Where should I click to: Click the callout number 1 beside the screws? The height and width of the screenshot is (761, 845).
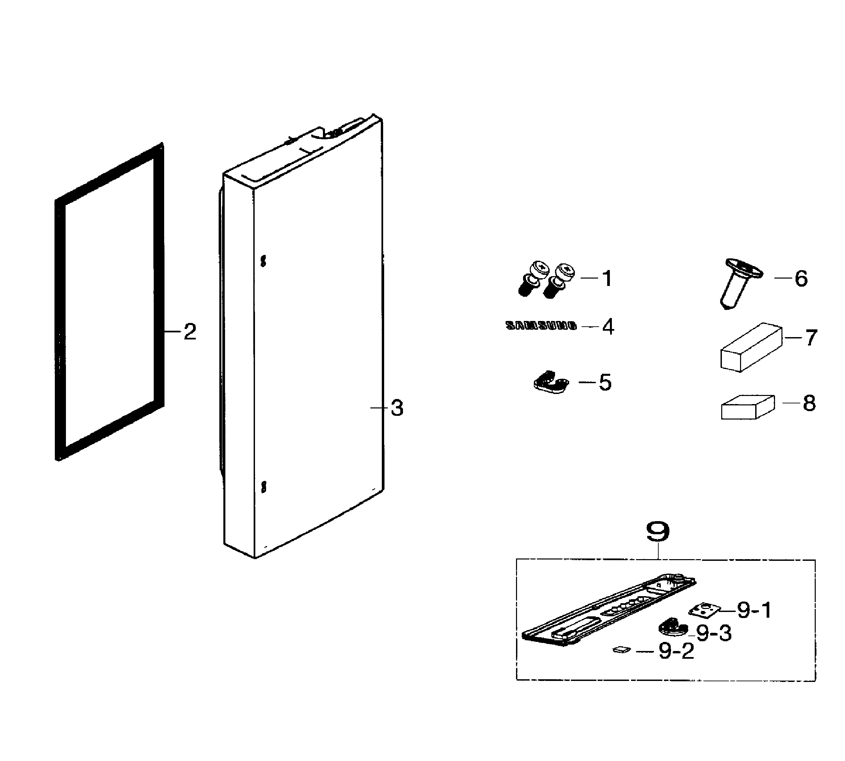click(607, 279)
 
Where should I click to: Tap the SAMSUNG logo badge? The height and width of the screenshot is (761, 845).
click(541, 326)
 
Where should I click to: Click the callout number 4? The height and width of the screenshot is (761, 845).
click(608, 327)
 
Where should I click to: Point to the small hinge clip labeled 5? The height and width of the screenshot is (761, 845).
click(551, 382)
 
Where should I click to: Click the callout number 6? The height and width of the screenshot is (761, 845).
click(801, 279)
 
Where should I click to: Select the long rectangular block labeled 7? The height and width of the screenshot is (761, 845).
click(751, 347)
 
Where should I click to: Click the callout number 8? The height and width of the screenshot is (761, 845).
click(809, 403)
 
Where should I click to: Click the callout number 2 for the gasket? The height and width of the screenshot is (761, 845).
click(190, 332)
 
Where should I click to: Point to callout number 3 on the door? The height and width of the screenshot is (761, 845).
click(397, 408)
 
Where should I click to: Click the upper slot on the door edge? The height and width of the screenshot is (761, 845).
click(263, 261)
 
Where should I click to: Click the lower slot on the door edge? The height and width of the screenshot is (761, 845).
click(263, 487)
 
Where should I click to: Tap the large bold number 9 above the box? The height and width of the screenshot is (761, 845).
click(658, 532)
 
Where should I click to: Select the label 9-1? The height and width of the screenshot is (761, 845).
click(754, 611)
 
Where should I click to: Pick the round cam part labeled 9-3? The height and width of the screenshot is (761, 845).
click(672, 627)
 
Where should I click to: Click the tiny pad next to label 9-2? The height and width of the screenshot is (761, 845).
click(621, 649)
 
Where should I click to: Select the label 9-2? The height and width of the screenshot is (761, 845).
click(676, 651)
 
